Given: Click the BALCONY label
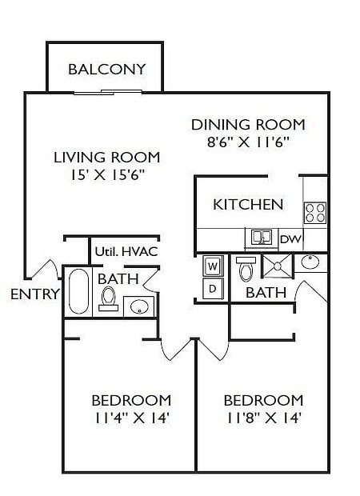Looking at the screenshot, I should [106, 69].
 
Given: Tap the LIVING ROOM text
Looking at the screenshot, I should [106, 157].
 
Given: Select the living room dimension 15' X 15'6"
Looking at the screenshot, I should [106, 174].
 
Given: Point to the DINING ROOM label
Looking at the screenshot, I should [248, 125].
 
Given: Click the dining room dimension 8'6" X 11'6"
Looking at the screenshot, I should [248, 142].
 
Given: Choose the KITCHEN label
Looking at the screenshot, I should [248, 204].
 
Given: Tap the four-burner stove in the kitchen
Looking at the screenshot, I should [314, 212].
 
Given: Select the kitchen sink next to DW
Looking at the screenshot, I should [261, 238].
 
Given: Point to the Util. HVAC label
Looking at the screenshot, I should [126, 251].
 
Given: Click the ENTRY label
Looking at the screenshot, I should [34, 294].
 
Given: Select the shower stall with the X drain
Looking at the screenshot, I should [277, 266].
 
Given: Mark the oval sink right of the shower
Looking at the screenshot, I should [310, 262].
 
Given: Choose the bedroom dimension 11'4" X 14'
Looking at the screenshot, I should [130, 417].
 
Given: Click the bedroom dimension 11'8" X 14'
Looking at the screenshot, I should [262, 417].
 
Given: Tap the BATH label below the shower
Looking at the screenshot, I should [266, 293].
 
